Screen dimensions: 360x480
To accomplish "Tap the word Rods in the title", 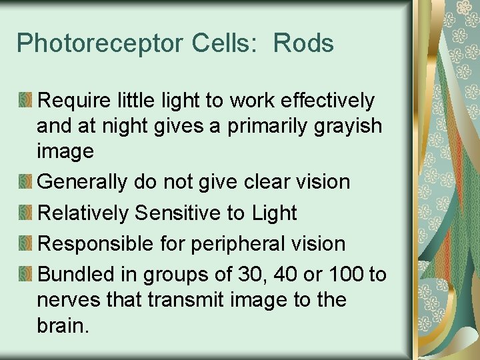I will coord(303,44).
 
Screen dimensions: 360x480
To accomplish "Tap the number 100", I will coord(349,274).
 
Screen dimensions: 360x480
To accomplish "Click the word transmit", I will coord(180,300).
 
